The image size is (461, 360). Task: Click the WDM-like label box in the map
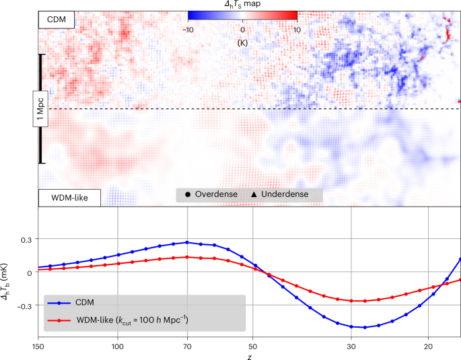point(69,198)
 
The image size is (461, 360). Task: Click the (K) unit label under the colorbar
point(243,42)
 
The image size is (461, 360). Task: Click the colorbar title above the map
point(242,4)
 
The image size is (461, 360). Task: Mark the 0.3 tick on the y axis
point(24,239)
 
